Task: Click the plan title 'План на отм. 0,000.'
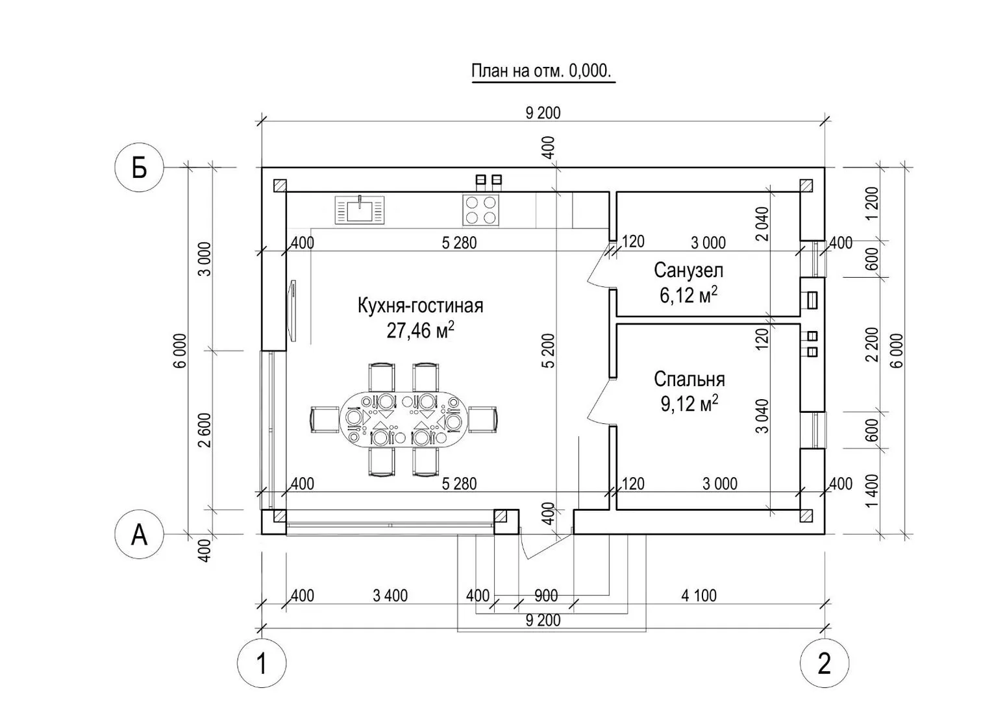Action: tap(541, 71)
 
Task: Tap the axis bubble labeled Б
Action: tap(140, 168)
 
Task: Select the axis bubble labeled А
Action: tap(140, 535)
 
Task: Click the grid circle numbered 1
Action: tap(261, 663)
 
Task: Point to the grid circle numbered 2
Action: tap(824, 663)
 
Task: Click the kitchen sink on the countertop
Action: tap(359, 210)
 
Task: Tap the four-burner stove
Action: tap(480, 210)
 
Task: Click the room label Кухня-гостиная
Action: tap(420, 305)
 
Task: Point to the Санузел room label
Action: tap(688, 269)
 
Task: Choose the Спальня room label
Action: tap(689, 379)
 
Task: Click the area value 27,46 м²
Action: tap(420, 330)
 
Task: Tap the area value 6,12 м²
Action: tap(688, 295)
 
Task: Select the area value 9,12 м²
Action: tap(689, 404)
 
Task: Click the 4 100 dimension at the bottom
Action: tap(699, 595)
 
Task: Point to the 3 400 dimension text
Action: tap(390, 595)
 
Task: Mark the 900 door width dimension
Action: tap(545, 595)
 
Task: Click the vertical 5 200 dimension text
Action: tap(549, 350)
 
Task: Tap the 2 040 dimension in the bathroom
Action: tap(762, 223)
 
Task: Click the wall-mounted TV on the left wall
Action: tap(293, 310)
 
